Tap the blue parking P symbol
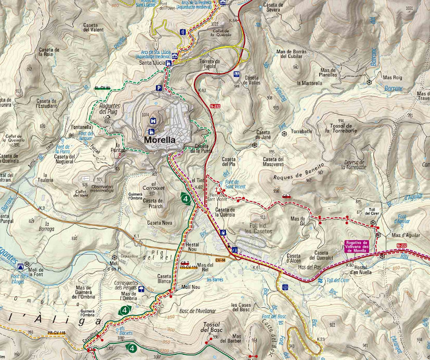pos(158,88)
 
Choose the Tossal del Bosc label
pos(212,328)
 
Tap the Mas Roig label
pos(393,77)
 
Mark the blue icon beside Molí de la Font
pos(21,267)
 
